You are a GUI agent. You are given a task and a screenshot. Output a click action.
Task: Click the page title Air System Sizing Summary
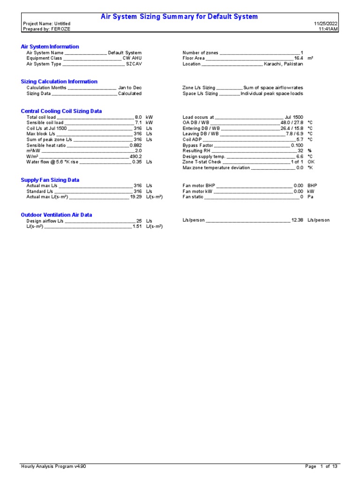pyautogui.click(x=180, y=17)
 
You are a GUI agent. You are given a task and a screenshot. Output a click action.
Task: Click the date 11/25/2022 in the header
pyautogui.click(x=326, y=23)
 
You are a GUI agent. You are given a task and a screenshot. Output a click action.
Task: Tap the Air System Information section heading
pyautogui.click(x=50, y=47)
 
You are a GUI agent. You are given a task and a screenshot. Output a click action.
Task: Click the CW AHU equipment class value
pyautogui.click(x=132, y=59)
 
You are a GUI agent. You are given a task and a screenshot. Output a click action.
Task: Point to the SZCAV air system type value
pyautogui.click(x=134, y=64)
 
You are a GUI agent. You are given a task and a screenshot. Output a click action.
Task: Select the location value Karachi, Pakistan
pyautogui.click(x=283, y=64)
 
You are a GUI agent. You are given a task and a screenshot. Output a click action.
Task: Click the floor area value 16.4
pyautogui.click(x=299, y=59)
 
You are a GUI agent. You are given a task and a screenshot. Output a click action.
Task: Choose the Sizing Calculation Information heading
pyautogui.click(x=59, y=82)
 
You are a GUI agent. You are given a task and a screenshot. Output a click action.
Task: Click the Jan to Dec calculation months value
pyautogui.click(x=130, y=88)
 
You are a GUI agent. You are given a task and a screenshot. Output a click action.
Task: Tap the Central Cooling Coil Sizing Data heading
pyautogui.click(x=61, y=111)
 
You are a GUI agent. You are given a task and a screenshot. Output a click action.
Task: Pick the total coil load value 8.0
pyautogui.click(x=138, y=117)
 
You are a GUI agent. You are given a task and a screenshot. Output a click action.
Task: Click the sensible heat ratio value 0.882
pyautogui.click(x=135, y=145)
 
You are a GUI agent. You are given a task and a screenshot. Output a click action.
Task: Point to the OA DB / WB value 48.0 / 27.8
pyautogui.click(x=292, y=123)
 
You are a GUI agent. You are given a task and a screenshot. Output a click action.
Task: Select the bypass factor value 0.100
pyautogui.click(x=297, y=145)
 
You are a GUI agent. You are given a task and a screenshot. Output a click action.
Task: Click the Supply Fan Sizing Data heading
pyautogui.click(x=50, y=180)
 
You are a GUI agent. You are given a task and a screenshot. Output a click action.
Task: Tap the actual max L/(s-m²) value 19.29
pyautogui.click(x=135, y=197)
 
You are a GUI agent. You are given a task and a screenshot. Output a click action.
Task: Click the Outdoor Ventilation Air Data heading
pyautogui.click(x=56, y=215)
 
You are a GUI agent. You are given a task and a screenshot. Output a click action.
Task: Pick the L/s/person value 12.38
pyautogui.click(x=297, y=220)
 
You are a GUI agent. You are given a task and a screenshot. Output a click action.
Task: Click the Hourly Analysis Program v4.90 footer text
pyautogui.click(x=53, y=466)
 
